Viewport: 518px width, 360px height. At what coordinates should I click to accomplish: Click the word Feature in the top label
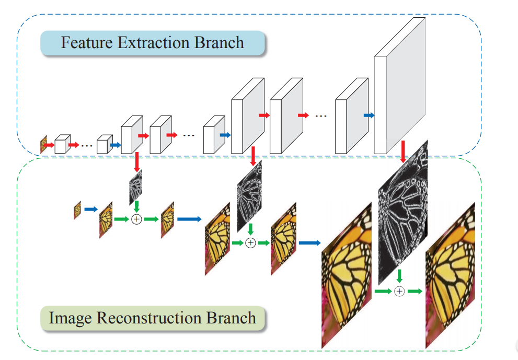(x=87, y=42)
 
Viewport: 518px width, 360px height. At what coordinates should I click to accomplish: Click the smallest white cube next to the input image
(x=62, y=144)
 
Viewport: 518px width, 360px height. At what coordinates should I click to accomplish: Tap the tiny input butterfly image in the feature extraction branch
(x=44, y=145)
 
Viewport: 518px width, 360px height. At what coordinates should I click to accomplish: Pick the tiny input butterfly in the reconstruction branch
(x=77, y=210)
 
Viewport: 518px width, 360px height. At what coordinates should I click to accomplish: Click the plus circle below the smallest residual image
(x=136, y=219)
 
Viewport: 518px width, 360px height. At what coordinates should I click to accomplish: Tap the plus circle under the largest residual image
(x=399, y=291)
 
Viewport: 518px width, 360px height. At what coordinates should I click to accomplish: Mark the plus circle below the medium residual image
(x=250, y=242)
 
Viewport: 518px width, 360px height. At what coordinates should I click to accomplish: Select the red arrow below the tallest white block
(x=403, y=152)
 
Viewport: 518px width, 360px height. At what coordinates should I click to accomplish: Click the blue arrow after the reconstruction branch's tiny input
(x=91, y=210)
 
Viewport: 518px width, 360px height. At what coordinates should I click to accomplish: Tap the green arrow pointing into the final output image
(x=415, y=291)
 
